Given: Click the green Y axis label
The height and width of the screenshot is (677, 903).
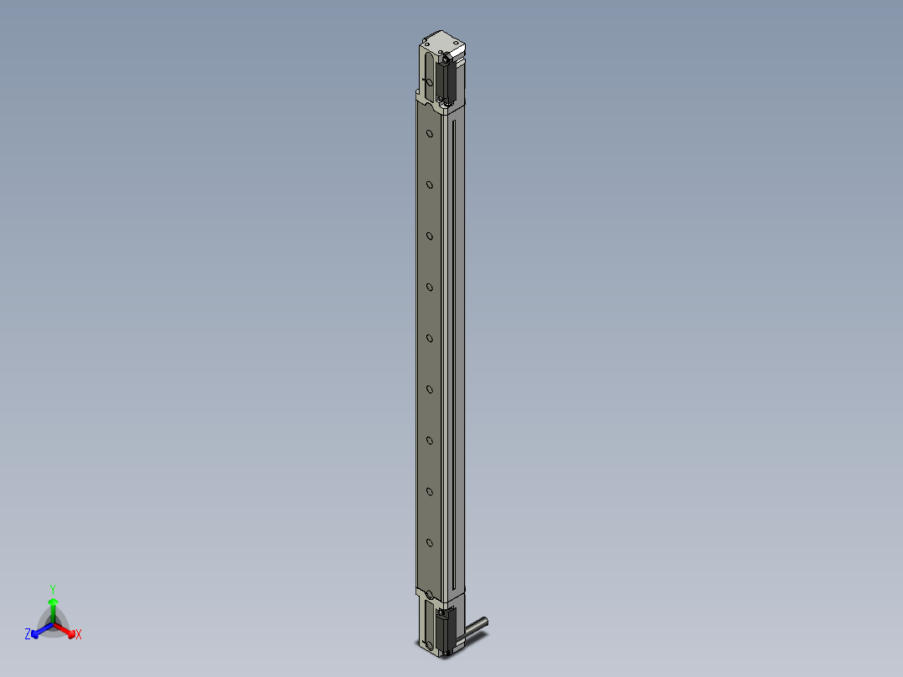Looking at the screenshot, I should [x=53, y=589].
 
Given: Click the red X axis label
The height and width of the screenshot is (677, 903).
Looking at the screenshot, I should [x=79, y=635].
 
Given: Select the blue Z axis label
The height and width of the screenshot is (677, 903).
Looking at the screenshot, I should [x=28, y=635].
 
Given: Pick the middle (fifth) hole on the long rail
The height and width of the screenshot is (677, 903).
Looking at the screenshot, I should [x=430, y=338].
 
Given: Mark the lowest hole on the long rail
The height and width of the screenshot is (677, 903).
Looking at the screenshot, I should [x=430, y=542].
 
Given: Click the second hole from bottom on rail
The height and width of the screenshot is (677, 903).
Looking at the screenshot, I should [x=430, y=491].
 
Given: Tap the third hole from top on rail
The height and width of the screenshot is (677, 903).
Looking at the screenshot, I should [x=430, y=235].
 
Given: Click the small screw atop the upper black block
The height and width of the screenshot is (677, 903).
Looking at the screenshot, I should [x=448, y=59].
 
